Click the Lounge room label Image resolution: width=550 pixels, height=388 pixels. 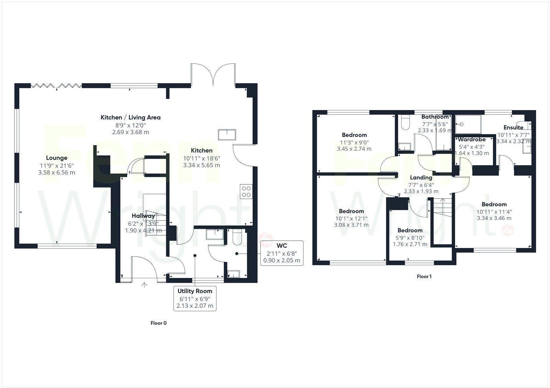tap(57, 158)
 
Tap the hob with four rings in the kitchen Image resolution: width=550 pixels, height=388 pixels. tap(246, 191)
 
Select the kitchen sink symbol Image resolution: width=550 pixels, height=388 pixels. tap(227, 134)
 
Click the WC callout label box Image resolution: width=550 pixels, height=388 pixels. tap(282, 253)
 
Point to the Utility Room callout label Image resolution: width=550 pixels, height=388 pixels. tap(195, 298)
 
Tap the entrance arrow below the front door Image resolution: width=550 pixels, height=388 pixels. tap(144, 285)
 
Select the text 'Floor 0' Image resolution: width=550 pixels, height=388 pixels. tap(158, 323)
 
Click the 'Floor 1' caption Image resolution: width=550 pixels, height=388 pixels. tap(424, 276)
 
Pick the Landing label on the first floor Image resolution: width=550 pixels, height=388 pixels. tap(421, 177)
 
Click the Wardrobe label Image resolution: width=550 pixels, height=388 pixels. tap(472, 139)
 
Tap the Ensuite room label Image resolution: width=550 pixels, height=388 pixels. tap(513, 127)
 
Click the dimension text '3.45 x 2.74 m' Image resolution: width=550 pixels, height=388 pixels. tap(354, 149)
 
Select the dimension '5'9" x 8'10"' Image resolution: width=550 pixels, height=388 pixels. tap(410, 237)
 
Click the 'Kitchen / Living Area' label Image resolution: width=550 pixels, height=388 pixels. tap(130, 117)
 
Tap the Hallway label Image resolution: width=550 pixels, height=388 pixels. tap(143, 216)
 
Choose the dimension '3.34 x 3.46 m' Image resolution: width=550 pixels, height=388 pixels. tap(494, 218)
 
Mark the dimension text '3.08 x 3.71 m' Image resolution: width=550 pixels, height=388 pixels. tap(351, 225)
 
